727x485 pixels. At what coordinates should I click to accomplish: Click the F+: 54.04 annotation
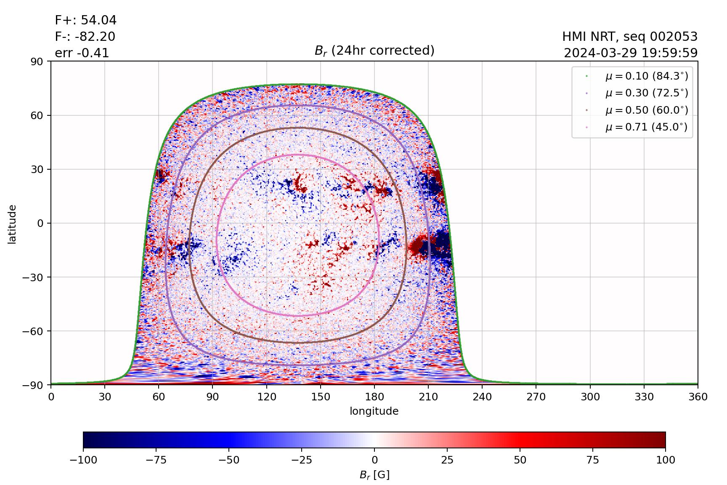(85, 20)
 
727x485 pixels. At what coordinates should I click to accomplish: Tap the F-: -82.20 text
(85, 37)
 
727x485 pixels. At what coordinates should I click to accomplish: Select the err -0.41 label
(82, 53)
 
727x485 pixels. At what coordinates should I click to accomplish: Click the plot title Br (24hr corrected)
(374, 51)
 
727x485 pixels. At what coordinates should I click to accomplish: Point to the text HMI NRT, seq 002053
(630, 37)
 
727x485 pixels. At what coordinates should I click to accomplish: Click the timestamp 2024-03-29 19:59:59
(630, 53)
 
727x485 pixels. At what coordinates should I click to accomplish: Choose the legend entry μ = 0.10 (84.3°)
(646, 76)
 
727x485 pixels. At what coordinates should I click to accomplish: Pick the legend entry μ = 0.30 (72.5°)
(646, 93)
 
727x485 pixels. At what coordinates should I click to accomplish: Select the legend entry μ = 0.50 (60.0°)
(646, 110)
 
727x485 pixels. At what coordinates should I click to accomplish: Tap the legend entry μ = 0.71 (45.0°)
(646, 127)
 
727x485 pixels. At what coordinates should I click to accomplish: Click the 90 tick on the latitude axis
(39, 61)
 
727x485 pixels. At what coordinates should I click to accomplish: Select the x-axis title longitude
(374, 411)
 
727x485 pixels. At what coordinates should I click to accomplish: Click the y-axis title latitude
(12, 224)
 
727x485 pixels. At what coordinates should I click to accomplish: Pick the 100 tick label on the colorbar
(665, 460)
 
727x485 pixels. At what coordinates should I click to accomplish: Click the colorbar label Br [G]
(374, 475)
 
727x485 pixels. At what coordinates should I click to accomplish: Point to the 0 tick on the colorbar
(374, 460)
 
